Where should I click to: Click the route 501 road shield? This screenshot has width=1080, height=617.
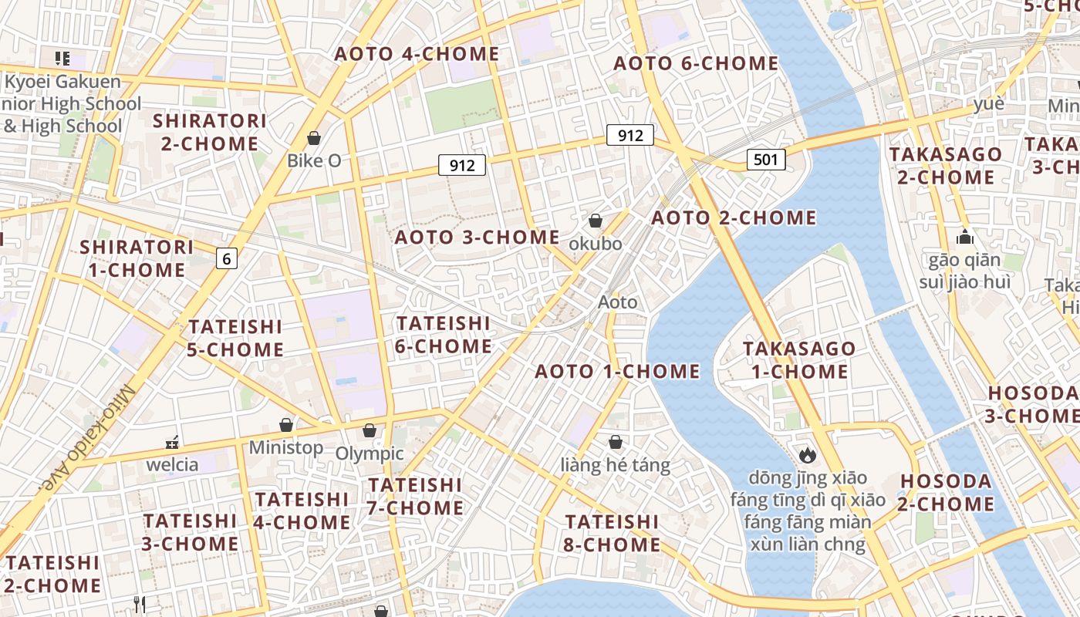click(765, 160)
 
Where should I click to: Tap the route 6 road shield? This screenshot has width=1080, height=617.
click(226, 258)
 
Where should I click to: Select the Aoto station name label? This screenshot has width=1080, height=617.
click(618, 302)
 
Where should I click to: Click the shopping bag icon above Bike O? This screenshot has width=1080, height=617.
click(314, 138)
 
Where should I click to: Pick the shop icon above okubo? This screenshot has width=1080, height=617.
click(596, 221)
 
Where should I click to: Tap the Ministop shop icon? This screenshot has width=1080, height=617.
click(286, 425)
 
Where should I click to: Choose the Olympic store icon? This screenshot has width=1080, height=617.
click(370, 430)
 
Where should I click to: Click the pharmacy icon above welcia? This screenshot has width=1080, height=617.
click(173, 443)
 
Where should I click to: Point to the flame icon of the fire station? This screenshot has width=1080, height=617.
click(808, 455)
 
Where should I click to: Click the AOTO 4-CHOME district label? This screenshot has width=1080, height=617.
click(417, 54)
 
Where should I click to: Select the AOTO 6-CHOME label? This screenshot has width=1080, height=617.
click(696, 63)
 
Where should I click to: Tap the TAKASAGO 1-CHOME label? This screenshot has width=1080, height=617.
click(799, 359)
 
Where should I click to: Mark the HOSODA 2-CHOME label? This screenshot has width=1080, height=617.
click(947, 493)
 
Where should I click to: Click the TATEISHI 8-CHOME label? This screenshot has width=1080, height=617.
click(613, 533)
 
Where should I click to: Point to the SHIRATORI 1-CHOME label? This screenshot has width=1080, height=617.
click(137, 258)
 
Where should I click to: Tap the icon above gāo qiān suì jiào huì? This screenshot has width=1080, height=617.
click(964, 238)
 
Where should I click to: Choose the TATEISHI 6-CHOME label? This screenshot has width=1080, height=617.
click(443, 334)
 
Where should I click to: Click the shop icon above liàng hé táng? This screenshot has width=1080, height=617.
click(615, 442)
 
